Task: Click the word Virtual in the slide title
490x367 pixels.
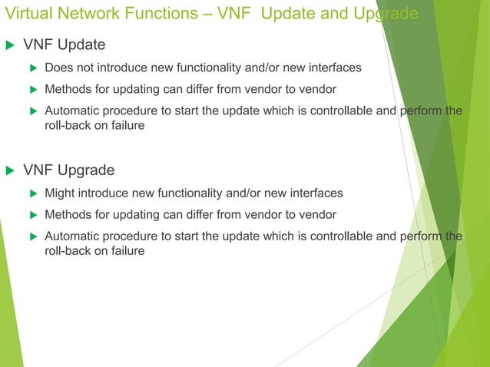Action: [26, 14]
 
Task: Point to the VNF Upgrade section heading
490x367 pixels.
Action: [69, 170]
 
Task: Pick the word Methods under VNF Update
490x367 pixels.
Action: [68, 89]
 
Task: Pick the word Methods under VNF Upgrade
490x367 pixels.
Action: [68, 214]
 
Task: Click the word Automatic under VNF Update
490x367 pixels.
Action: [73, 111]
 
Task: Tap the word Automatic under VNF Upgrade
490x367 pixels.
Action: [73, 236]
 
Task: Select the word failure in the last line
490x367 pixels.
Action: [126, 250]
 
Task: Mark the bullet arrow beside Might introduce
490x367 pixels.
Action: [33, 193]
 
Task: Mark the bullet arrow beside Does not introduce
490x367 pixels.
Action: [33, 68]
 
